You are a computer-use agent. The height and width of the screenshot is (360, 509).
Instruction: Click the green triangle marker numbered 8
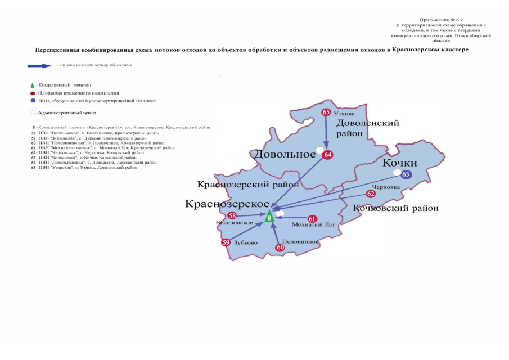(270, 216)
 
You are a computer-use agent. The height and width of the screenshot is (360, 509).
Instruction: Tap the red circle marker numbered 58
(232, 216)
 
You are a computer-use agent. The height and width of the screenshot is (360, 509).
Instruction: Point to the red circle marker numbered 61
(312, 218)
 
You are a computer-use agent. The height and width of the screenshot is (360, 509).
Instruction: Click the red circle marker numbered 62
(371, 193)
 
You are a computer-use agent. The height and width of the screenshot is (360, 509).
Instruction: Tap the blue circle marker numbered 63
(406, 174)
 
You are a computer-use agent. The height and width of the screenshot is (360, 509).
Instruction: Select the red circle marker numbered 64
(328, 155)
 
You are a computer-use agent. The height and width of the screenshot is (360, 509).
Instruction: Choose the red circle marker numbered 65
(326, 112)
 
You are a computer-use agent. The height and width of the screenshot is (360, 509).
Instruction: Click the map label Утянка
(345, 112)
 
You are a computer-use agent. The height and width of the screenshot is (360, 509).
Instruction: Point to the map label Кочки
(399, 163)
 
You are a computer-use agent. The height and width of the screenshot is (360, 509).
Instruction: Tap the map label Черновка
(386, 186)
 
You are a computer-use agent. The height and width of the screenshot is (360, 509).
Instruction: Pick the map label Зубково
(246, 242)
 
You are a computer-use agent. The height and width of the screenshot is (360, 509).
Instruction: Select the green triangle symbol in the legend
(33, 83)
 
